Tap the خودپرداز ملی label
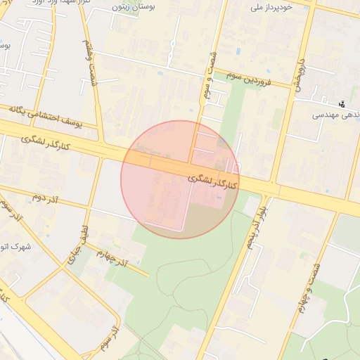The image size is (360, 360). point(274,8)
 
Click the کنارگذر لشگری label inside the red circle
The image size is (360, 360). point(214,180)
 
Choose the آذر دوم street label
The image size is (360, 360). point(44,198)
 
